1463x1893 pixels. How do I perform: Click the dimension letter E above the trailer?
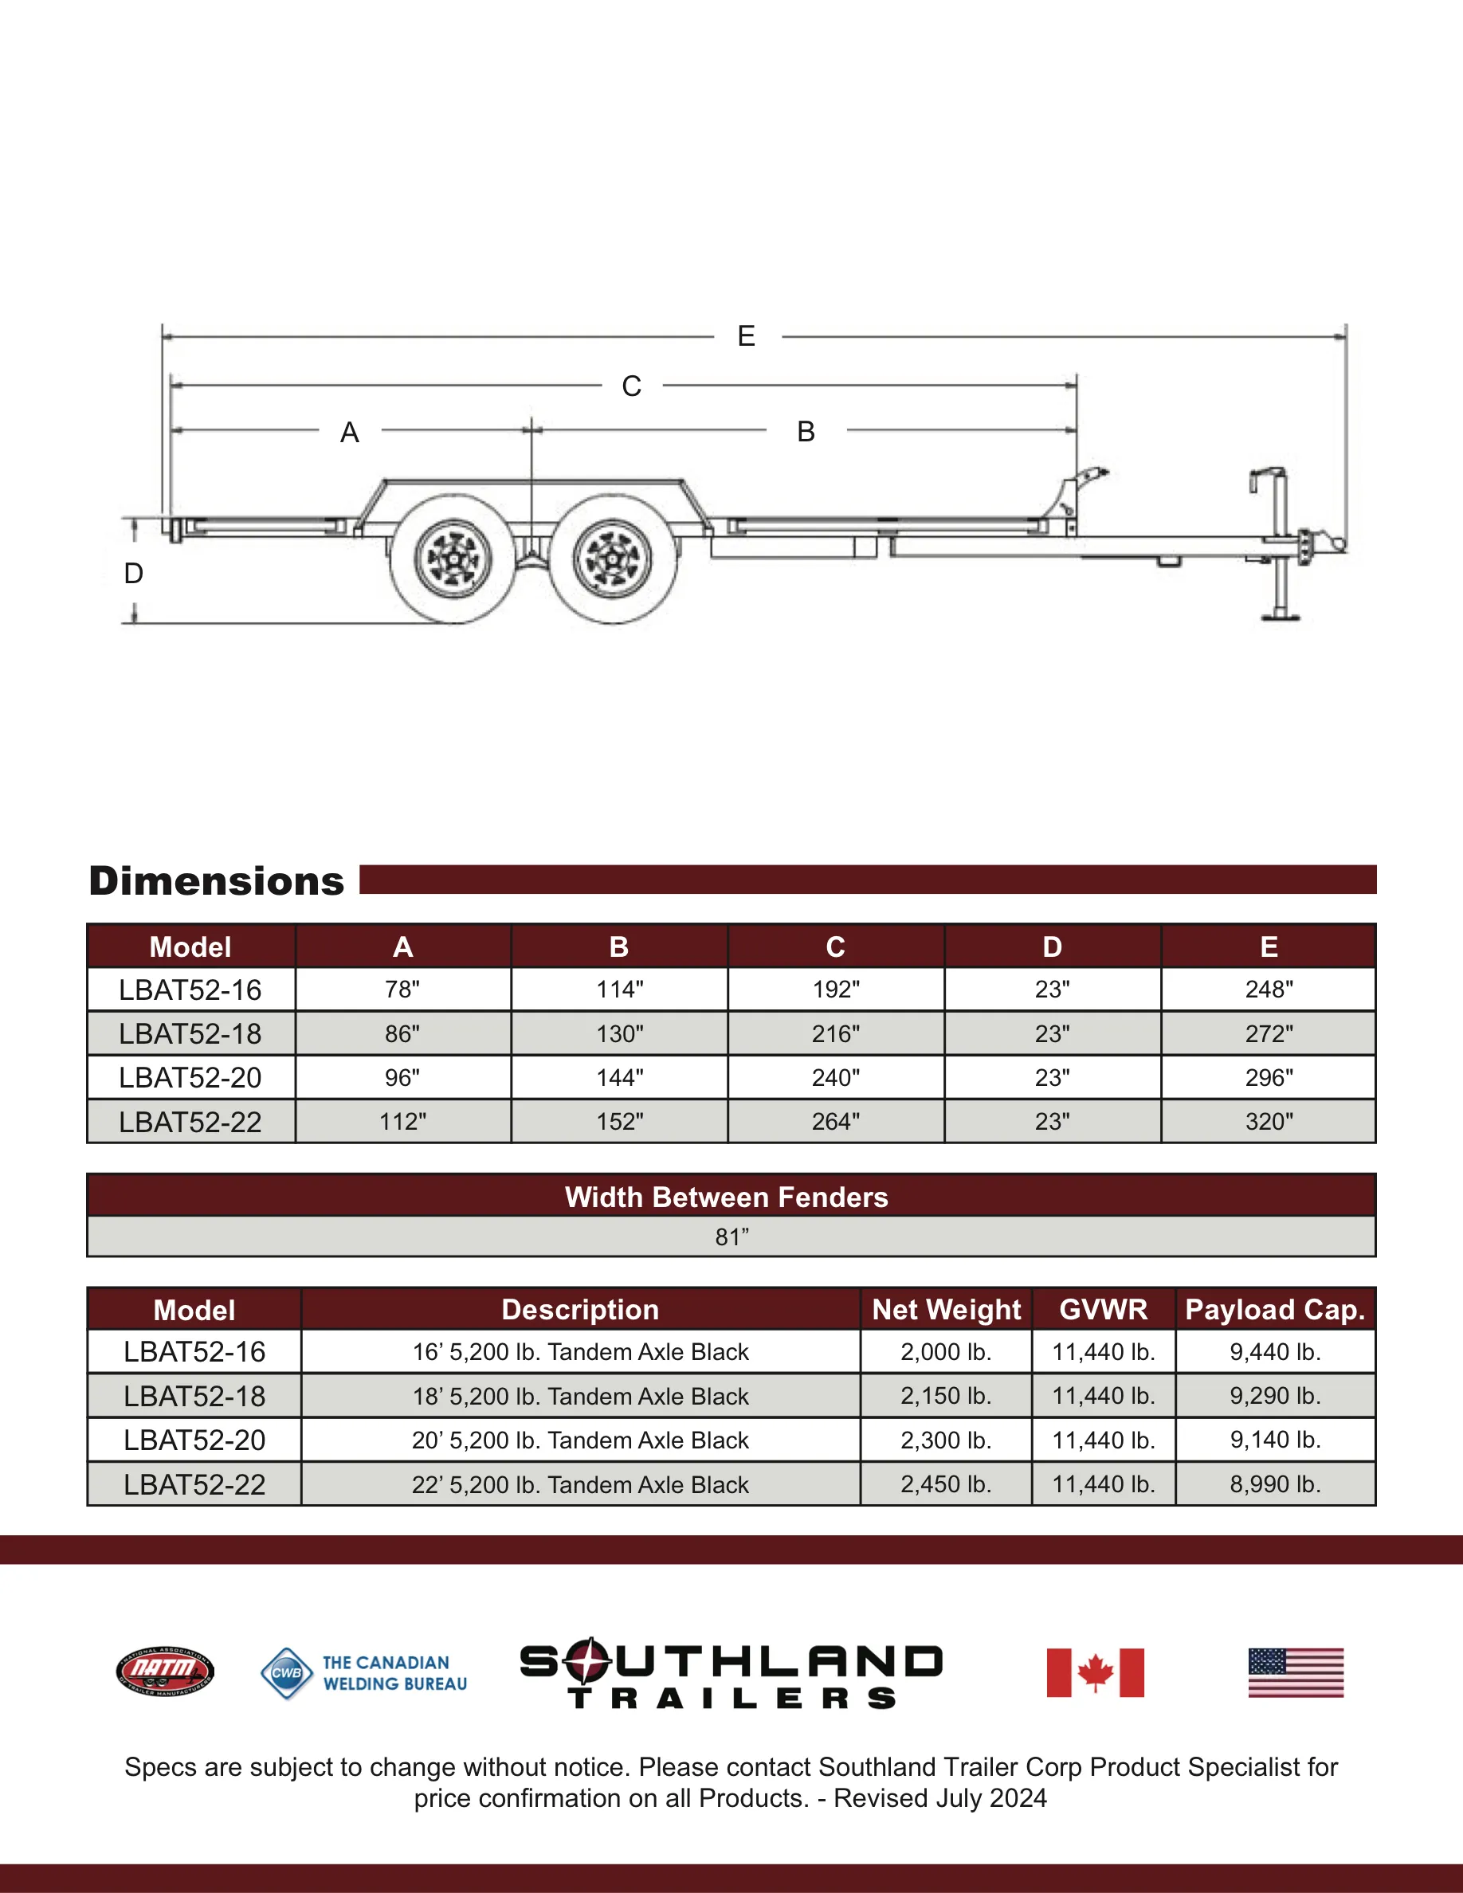[x=745, y=336]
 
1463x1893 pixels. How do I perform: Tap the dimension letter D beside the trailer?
[x=134, y=573]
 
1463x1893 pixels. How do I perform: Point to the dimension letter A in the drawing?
[x=349, y=432]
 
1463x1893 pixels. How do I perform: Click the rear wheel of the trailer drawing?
[x=453, y=559]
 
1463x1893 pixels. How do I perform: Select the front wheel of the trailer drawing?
[x=613, y=559]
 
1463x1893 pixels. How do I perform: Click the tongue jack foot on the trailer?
[x=1280, y=617]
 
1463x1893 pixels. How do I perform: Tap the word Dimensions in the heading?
[x=217, y=880]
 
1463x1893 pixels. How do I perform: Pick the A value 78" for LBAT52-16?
[x=403, y=990]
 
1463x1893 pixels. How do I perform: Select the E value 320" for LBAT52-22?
[x=1269, y=1122]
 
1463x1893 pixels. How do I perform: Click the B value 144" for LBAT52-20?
[x=620, y=1077]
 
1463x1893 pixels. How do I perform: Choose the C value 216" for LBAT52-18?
[x=836, y=1034]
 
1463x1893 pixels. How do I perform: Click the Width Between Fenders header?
[x=726, y=1197]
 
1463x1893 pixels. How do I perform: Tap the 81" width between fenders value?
[x=731, y=1237]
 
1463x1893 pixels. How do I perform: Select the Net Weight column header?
[x=947, y=1310]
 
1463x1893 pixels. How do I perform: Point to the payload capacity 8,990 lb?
[x=1275, y=1485]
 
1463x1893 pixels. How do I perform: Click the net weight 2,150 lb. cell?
[x=946, y=1397]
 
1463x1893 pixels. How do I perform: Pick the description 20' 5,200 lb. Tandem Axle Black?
[x=580, y=1440]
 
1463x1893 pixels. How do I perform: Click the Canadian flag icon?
[x=1095, y=1672]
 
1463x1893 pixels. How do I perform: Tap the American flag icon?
[x=1296, y=1672]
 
